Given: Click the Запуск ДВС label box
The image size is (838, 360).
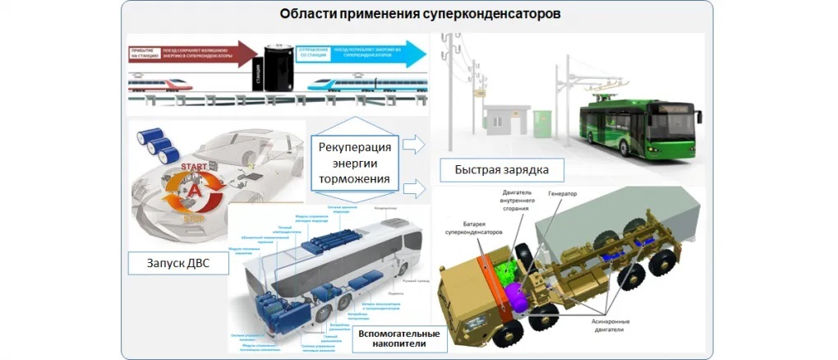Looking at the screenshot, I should (x=173, y=265).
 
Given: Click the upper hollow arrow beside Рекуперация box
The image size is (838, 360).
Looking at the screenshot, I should (x=416, y=145).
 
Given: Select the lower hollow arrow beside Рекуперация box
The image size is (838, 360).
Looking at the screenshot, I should (x=416, y=189).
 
